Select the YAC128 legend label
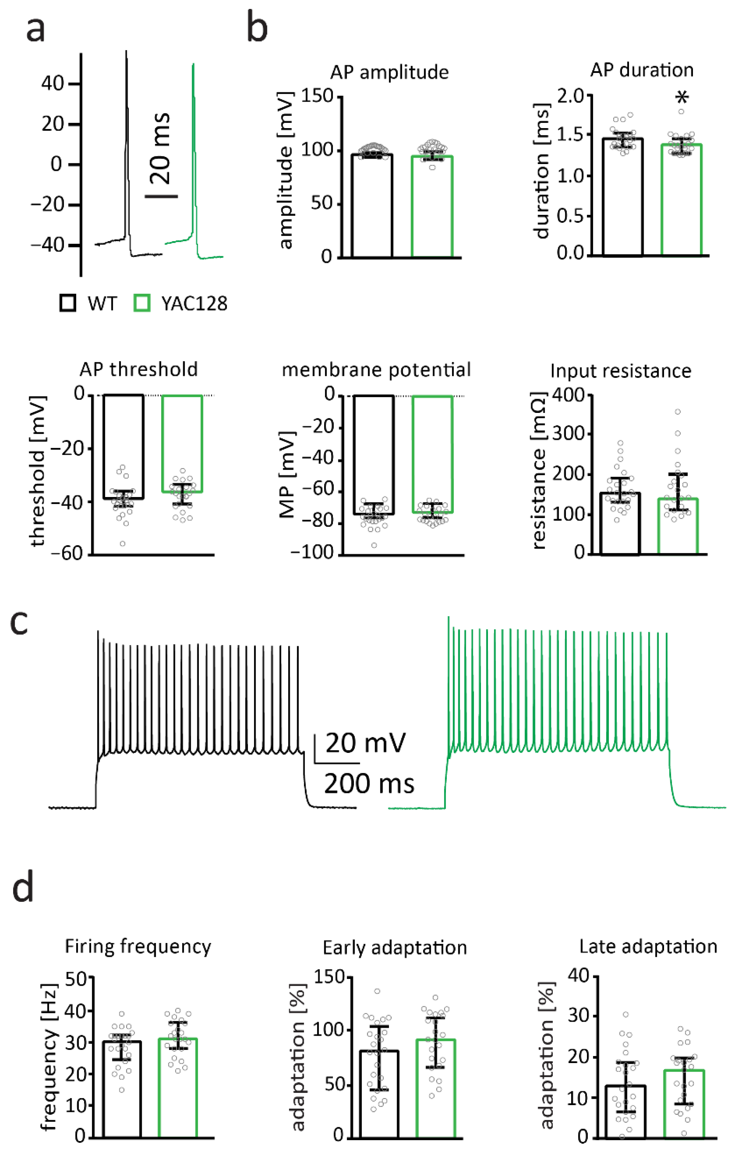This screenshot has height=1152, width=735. [194, 304]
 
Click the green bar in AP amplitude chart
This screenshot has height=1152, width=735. [432, 211]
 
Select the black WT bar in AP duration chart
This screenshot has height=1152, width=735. [622, 201]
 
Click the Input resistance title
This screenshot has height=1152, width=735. [621, 371]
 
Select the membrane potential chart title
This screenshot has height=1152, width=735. [376, 370]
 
